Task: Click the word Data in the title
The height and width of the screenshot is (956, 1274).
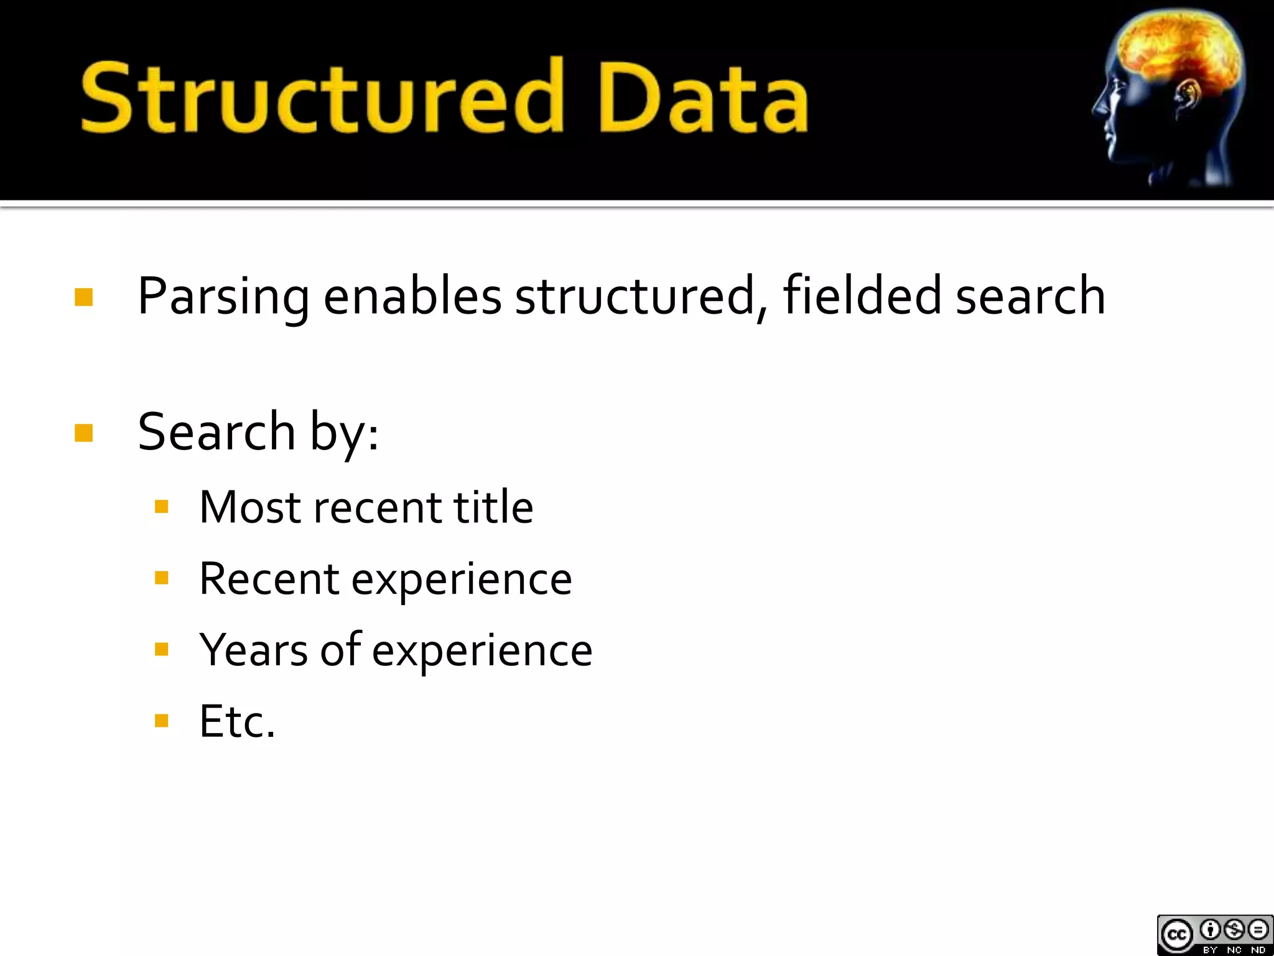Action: click(x=703, y=98)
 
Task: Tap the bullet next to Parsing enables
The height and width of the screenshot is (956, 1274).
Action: click(x=84, y=297)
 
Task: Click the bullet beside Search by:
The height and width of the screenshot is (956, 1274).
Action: click(x=84, y=433)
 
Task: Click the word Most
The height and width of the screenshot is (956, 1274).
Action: click(x=250, y=507)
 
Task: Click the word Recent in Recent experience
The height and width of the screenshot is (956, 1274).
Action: click(x=269, y=579)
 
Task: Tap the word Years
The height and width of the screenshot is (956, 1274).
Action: click(x=253, y=650)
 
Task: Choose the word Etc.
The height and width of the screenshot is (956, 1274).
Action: click(x=237, y=722)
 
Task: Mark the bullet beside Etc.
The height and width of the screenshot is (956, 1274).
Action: click(x=162, y=721)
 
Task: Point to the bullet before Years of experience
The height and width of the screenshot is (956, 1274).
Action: click(x=162, y=650)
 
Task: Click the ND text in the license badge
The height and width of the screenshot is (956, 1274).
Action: click(x=1258, y=950)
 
